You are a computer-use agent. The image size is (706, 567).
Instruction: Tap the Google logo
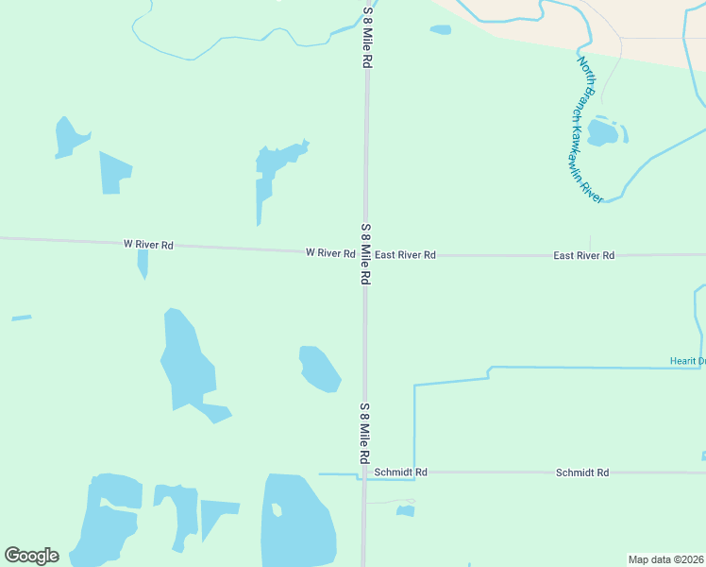31,556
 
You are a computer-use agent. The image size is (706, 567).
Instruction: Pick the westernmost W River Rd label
148,245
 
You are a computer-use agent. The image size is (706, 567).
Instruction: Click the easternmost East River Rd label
583,255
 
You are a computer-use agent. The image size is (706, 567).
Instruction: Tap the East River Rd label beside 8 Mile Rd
404,255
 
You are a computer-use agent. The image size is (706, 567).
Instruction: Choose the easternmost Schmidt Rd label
581,472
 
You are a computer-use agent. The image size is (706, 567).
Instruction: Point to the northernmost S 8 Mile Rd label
366,38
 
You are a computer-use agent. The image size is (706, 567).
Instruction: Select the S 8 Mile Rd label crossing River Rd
364,255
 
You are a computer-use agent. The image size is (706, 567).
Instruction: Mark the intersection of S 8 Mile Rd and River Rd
366,254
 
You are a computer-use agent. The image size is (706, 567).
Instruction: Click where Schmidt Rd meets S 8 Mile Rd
364,472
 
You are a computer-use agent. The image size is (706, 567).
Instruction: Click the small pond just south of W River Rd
143,264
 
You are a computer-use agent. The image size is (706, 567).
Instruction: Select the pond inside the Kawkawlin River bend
602,131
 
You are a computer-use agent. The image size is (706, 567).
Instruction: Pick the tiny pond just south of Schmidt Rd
406,511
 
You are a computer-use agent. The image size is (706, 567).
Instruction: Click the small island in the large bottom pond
277,510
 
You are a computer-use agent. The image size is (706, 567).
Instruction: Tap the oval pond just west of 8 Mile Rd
319,369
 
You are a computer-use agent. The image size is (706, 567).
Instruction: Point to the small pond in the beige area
440,29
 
